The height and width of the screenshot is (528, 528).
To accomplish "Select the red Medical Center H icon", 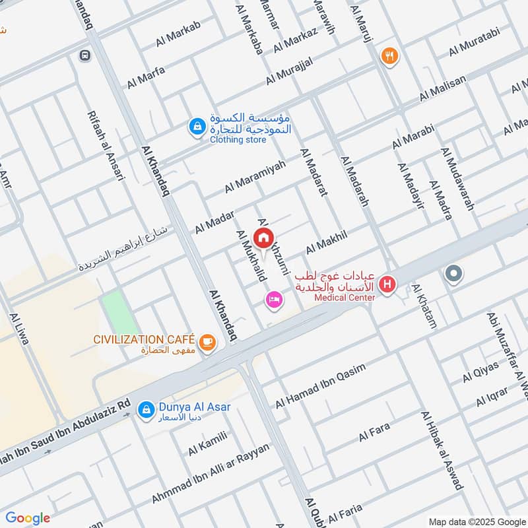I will pos(387,284).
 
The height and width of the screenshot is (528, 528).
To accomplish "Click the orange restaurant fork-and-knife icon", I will pos(389,57).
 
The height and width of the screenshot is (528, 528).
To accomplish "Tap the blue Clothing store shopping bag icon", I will pos(196,125).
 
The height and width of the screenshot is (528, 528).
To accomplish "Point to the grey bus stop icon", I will pos(84,56).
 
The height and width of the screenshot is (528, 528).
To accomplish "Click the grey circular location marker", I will pos(453,273).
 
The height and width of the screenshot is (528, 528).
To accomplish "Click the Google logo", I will pos(28,518).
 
